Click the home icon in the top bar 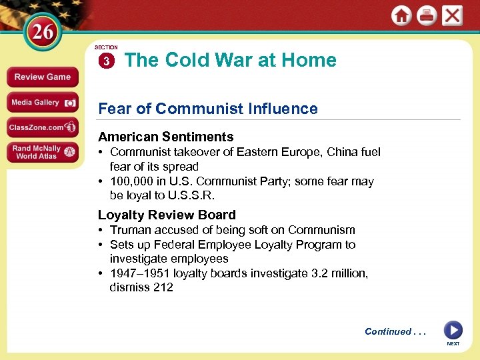401,16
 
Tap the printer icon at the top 427,16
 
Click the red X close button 453,16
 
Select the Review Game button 42,77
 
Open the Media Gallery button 42,103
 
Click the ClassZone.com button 42,127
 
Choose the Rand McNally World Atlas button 42,152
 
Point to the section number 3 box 106,61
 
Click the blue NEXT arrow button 453,331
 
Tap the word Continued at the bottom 387,332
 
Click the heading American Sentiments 165,137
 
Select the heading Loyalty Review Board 167,215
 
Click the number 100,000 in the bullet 132,181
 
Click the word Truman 129,230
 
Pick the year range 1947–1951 140,273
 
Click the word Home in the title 309,60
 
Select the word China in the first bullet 343,152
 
